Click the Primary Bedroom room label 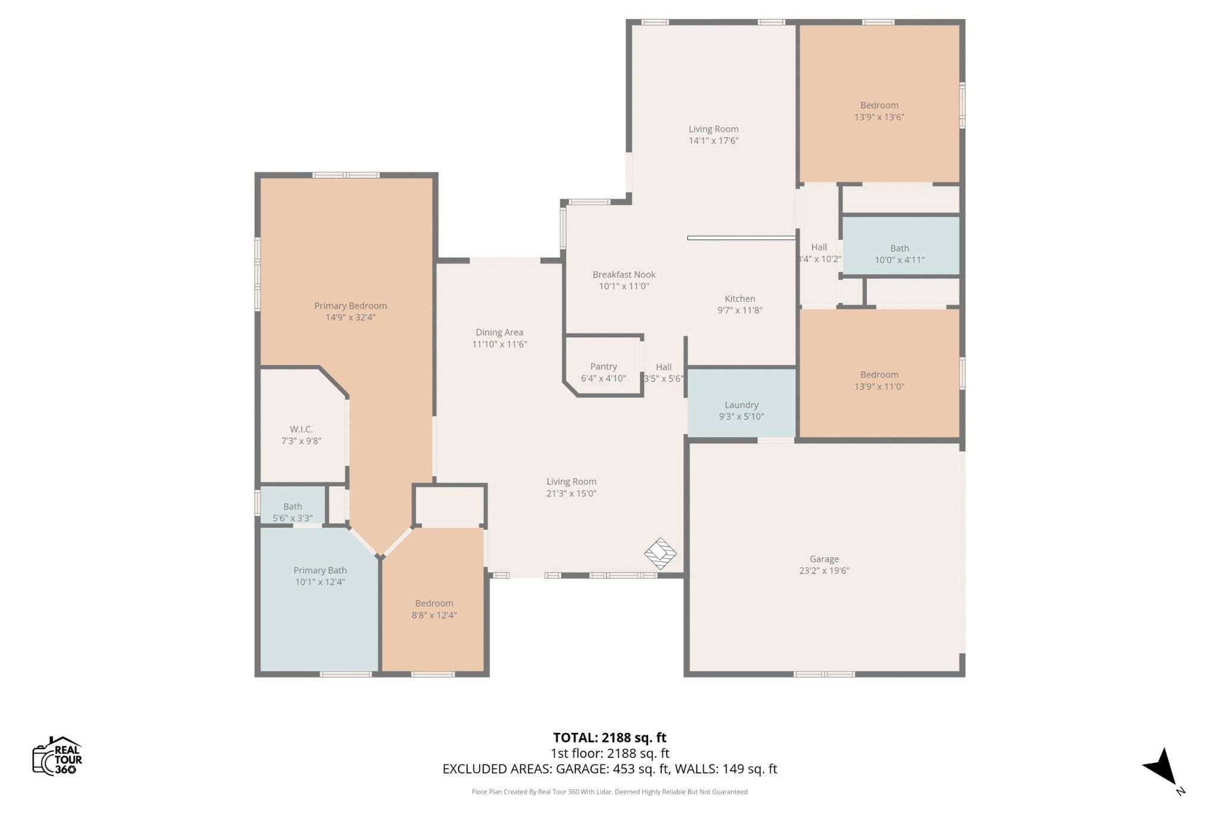coord(350,306)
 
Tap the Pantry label coord(603,366)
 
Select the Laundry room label coord(741,405)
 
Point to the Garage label coord(824,559)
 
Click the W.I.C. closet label coord(301,429)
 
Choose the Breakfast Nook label coord(624,275)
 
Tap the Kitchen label coord(740,299)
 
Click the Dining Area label coord(499,333)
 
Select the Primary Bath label coord(320,570)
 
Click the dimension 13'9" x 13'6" coord(879,117)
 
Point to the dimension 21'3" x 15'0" coord(571,493)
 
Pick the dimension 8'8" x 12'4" coord(434,615)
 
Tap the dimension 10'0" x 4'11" coord(900,260)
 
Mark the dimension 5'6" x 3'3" coord(292,518)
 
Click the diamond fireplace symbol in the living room coord(661,554)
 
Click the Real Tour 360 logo coord(57,756)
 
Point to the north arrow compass coord(1162,775)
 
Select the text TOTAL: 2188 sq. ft coord(609,738)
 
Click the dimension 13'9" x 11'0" coord(879,387)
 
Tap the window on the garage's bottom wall coord(824,674)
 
